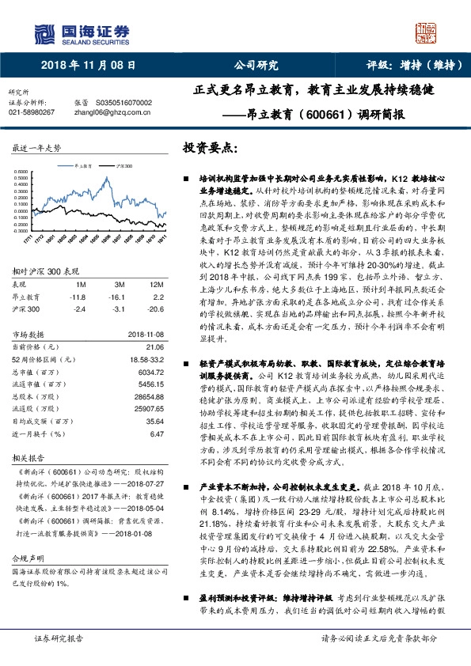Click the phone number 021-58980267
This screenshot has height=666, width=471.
pyautogui.click(x=32, y=112)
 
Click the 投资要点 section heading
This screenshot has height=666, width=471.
pyautogui.click(x=210, y=148)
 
